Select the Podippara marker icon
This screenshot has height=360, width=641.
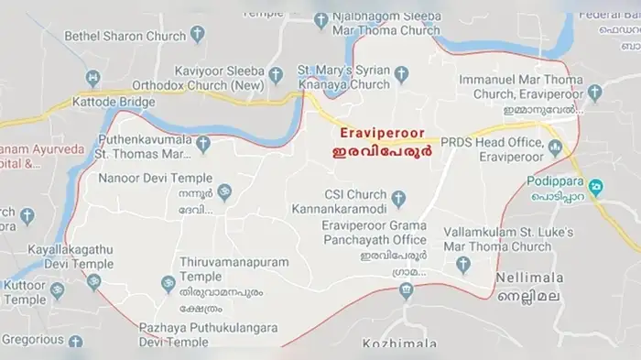pyautogui.click(x=594, y=189)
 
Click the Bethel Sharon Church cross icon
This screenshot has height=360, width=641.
pyautogui.click(x=196, y=36)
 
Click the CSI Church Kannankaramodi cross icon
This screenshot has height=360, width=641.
pyautogui.click(x=398, y=196)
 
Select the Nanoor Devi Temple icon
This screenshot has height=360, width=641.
pyautogui.click(x=224, y=191)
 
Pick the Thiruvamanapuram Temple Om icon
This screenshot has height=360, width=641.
pyautogui.click(x=168, y=284)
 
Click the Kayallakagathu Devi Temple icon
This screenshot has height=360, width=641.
pyautogui.click(x=93, y=281)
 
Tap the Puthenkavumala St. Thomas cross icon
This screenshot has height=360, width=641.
pyautogui.click(x=204, y=143)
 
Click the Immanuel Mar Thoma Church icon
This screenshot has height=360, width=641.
pyautogui.click(x=594, y=93)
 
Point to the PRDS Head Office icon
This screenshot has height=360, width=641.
pyautogui.click(x=555, y=146)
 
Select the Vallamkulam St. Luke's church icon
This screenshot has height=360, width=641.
pyautogui.click(x=463, y=266)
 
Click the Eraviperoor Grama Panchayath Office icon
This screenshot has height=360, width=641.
pyautogui.click(x=406, y=290)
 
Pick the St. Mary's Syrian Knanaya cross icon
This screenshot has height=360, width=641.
pyautogui.click(x=400, y=71)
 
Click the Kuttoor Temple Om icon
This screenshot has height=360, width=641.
pyautogui.click(x=57, y=291)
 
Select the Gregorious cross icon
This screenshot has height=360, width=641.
pyautogui.click(x=75, y=342)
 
